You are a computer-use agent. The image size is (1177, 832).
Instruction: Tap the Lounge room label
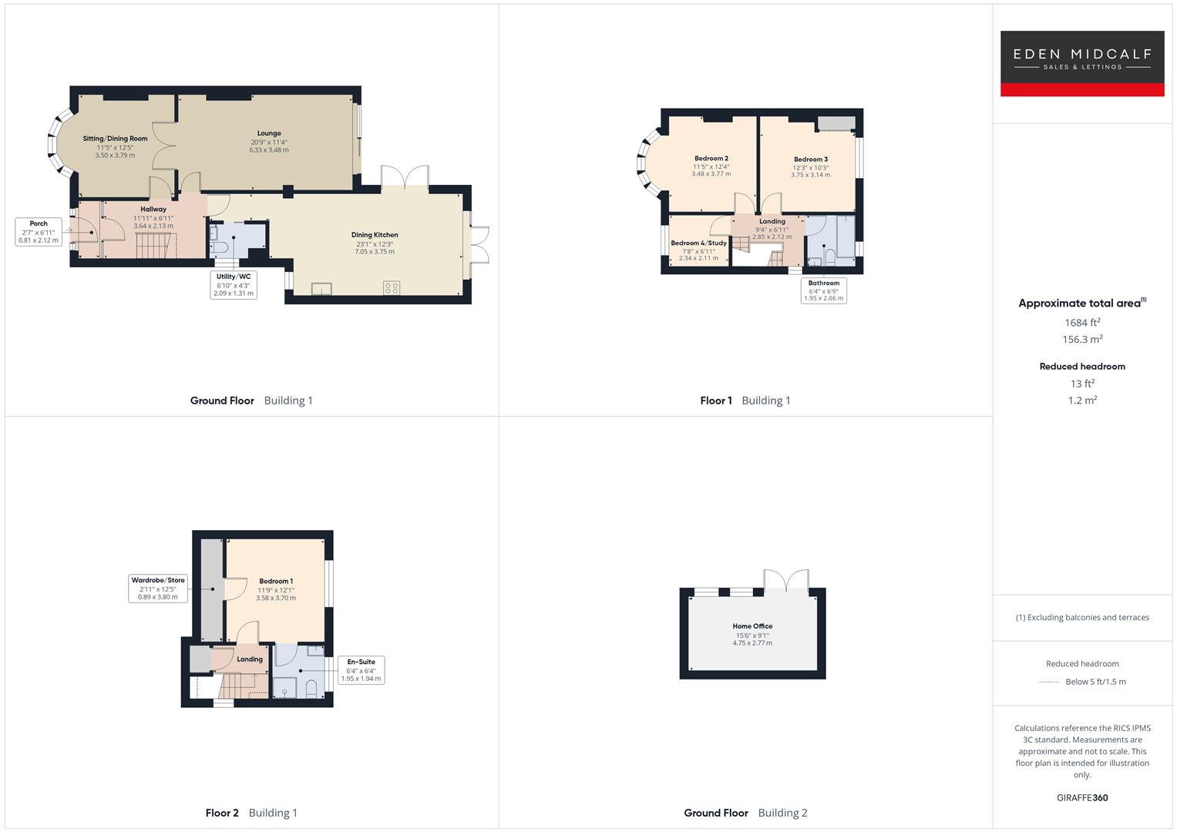pos(269,133)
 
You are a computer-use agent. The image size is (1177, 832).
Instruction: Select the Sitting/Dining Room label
pos(115,139)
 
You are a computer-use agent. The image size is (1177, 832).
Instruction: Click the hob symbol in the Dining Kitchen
pos(392,288)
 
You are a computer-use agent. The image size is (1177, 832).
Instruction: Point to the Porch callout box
pos(39,232)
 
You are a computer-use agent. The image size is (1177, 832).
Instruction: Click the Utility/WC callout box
pos(233,284)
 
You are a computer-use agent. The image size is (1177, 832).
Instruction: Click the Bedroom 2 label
pos(711,159)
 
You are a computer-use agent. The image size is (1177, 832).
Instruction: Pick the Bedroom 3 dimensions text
pos(810,171)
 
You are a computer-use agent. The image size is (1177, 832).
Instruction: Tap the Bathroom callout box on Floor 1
pos(824,290)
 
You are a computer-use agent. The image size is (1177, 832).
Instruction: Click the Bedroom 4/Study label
pos(698,243)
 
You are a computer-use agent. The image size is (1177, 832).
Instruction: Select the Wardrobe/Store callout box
pos(158,589)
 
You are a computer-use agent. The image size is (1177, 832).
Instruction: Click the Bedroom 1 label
pos(276,582)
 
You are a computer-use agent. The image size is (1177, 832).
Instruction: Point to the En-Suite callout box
pos(361,670)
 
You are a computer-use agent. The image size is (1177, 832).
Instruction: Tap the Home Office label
pos(752,626)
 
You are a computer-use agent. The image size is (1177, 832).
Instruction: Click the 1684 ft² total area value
pos(1082,323)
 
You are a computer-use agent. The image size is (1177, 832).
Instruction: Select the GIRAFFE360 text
pos(1082,797)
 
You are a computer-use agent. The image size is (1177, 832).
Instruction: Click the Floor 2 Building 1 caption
pos(251,813)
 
